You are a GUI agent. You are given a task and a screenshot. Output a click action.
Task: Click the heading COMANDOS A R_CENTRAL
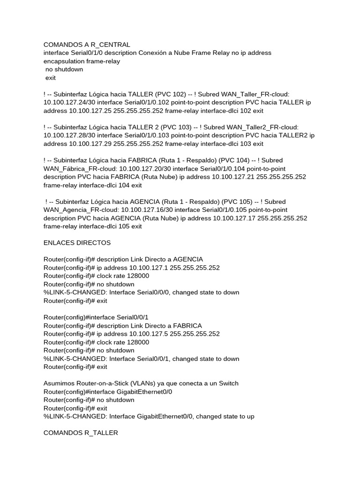pos(87,45)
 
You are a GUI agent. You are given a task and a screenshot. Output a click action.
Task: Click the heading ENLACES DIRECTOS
pos(77,243)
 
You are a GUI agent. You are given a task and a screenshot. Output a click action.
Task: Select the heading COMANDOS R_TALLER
pos(81,433)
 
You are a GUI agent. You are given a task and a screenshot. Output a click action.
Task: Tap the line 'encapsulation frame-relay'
pos(82,61)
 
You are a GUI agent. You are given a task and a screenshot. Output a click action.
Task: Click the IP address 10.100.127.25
pos(90,111)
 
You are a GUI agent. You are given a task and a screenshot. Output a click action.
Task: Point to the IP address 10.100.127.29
pos(90,144)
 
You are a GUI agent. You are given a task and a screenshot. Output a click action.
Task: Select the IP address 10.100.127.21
pos(233,177)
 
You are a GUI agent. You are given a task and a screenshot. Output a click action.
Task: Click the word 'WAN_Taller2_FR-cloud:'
pos(262,127)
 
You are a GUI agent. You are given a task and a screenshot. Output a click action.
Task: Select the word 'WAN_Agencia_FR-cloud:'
pos(80,210)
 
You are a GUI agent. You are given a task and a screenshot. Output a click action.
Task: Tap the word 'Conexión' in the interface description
pos(153,53)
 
